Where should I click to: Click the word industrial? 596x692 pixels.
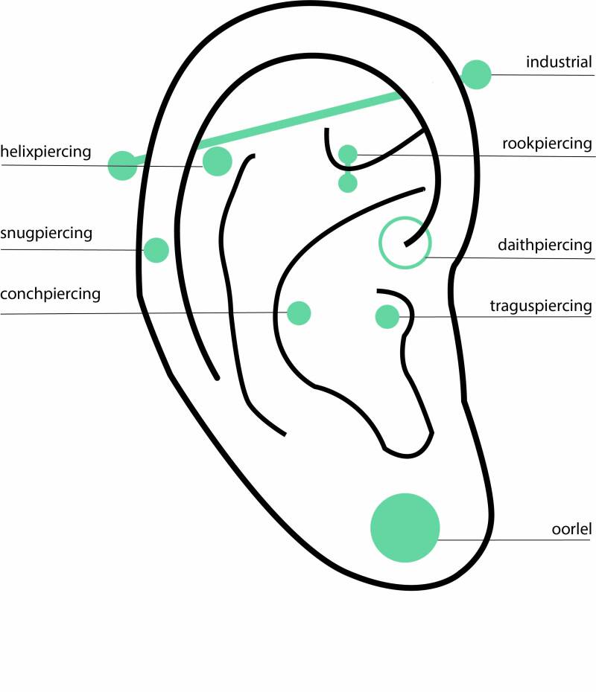558,62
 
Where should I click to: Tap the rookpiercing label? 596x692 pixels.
546,144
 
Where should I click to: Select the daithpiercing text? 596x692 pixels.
545,245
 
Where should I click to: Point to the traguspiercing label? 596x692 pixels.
541,306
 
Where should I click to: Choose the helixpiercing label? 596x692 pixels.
45,153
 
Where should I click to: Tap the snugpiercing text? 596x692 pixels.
46,234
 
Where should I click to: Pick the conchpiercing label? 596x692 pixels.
50,294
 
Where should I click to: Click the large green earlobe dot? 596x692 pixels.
405,527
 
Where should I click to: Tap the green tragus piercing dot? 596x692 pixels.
387,317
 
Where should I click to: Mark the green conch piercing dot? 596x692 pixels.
299,313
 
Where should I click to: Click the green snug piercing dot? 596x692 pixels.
156,250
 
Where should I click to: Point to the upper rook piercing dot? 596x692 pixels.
348,154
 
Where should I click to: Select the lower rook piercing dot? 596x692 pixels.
348,183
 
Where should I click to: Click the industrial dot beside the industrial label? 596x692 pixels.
476,74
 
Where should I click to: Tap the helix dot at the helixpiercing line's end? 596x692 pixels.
217,161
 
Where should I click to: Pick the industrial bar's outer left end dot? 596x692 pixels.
122,165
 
